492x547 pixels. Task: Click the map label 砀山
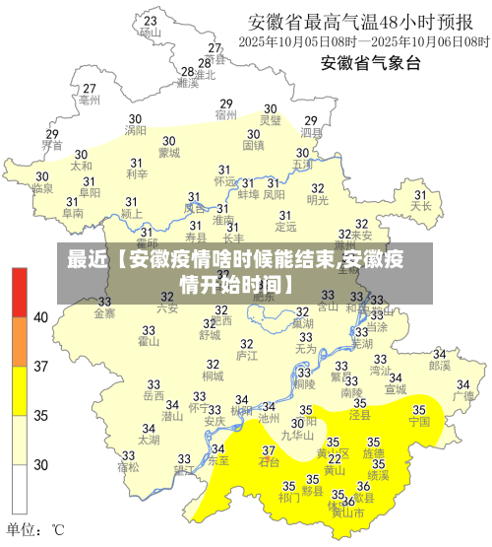click(151, 32)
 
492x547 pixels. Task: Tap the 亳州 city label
click(90, 100)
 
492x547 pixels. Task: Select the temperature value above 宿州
click(225, 103)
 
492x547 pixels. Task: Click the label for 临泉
click(41, 187)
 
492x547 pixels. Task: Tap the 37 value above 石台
click(269, 450)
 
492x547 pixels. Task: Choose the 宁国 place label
click(419, 421)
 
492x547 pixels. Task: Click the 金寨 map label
click(104, 313)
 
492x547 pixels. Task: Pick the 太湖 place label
click(149, 441)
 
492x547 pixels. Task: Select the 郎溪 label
click(439, 365)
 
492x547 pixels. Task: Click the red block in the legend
click(21, 291)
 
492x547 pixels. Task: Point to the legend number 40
click(41, 317)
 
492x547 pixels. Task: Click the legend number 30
click(41, 464)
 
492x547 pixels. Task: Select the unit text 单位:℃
click(36, 529)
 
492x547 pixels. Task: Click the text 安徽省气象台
click(371, 63)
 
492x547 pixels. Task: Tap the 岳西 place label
click(154, 396)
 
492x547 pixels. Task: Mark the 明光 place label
click(318, 200)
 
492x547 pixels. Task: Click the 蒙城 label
click(169, 153)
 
